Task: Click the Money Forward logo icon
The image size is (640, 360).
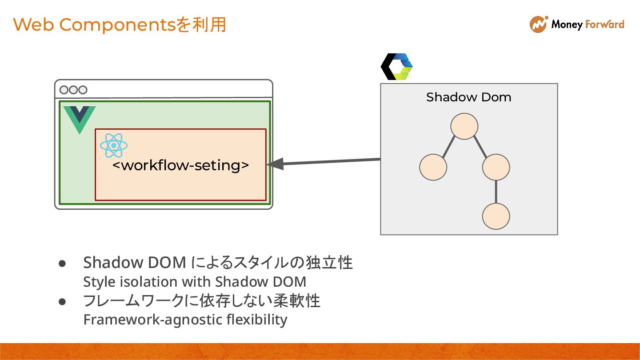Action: click(x=539, y=24)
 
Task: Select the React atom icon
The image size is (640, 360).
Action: click(x=114, y=145)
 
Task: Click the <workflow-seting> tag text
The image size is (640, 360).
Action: click(x=180, y=165)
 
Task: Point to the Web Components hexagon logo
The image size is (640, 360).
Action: click(x=397, y=67)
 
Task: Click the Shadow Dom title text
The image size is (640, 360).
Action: click(x=468, y=97)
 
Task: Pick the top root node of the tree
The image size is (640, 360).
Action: click(x=464, y=126)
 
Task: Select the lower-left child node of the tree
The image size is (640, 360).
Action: click(x=433, y=167)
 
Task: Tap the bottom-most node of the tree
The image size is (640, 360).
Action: click(x=496, y=216)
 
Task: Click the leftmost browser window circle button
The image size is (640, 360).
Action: click(x=64, y=90)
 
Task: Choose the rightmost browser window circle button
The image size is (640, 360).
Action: click(x=82, y=90)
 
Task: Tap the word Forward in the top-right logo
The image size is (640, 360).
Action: click(x=605, y=24)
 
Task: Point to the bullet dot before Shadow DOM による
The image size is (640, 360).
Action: click(x=62, y=264)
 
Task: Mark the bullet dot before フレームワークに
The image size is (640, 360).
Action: click(x=62, y=302)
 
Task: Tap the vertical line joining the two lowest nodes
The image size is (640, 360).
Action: click(x=496, y=192)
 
